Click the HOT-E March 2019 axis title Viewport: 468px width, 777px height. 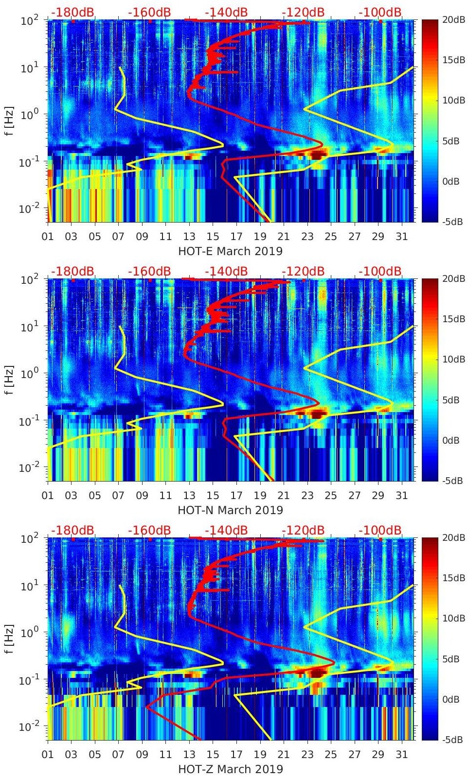click(x=230, y=251)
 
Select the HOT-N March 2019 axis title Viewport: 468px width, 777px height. click(x=230, y=510)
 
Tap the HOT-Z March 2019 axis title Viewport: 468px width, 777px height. click(x=230, y=769)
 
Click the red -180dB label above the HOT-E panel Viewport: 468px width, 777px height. click(x=72, y=12)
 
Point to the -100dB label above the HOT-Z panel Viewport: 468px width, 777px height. click(x=380, y=530)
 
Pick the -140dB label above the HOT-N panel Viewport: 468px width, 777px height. click(x=226, y=271)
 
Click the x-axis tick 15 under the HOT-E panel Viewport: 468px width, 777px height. click(x=213, y=237)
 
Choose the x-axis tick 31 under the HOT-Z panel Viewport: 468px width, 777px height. click(x=401, y=755)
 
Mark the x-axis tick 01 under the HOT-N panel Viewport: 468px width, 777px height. click(x=48, y=496)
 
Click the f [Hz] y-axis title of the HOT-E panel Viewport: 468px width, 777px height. click(x=8, y=121)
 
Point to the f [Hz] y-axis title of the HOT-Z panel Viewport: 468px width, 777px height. click(x=8, y=639)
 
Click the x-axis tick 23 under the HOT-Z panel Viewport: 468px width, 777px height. click(x=307, y=755)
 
